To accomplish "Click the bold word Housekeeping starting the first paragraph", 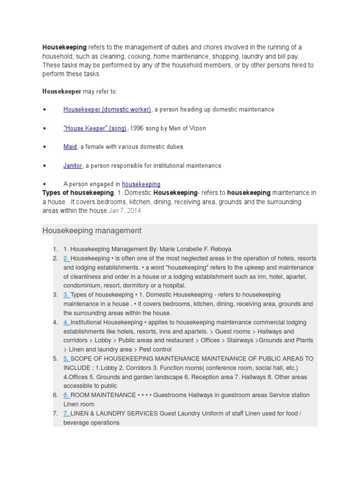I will (65, 47).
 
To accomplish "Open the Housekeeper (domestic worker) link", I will (107, 109).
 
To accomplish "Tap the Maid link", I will (70, 147).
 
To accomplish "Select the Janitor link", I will (73, 165).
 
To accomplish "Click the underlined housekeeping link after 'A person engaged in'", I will (141, 184).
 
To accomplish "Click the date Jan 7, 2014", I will (125, 211).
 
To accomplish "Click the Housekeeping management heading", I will (92, 231).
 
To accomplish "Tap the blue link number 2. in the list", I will (67, 258).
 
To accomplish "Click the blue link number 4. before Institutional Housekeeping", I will (67, 322).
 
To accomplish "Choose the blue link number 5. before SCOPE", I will (67, 359).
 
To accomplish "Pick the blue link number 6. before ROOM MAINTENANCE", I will (67, 395).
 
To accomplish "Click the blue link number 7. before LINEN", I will (67, 413).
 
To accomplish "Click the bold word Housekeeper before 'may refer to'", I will (62, 91).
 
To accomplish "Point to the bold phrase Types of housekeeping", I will (78, 193).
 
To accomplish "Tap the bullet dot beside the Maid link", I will (45, 147).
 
